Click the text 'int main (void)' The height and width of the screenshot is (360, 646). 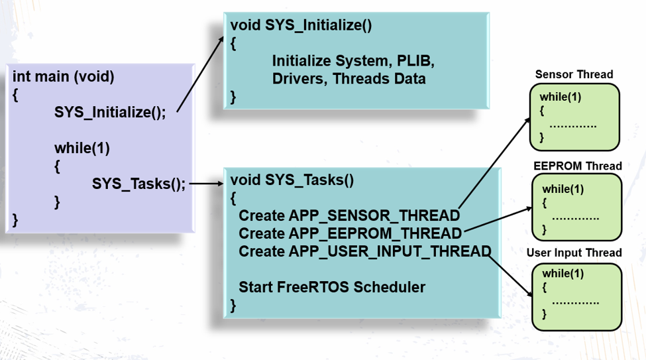pos(63,77)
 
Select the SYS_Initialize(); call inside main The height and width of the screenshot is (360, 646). pos(110,112)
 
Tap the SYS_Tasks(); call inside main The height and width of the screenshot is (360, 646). pos(139,184)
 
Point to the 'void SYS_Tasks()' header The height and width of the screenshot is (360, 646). pos(292,180)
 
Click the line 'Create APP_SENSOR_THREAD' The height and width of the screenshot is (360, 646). pos(349,215)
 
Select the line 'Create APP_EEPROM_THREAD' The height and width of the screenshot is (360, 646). pos(350,233)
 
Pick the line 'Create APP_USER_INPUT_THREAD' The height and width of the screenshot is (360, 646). pos(364,251)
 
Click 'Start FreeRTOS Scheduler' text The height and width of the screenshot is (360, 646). pos(331,287)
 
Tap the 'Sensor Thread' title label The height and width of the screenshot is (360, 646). pos(574,74)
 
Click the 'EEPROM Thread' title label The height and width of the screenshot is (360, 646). pos(578,166)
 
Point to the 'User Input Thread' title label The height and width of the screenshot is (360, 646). pos(574,253)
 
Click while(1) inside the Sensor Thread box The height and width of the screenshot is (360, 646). pos(560,97)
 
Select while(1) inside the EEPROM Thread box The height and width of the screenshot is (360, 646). pos(563,189)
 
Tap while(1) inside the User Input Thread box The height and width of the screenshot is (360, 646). pos(563,274)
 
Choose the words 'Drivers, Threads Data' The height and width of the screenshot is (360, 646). pos(349,78)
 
